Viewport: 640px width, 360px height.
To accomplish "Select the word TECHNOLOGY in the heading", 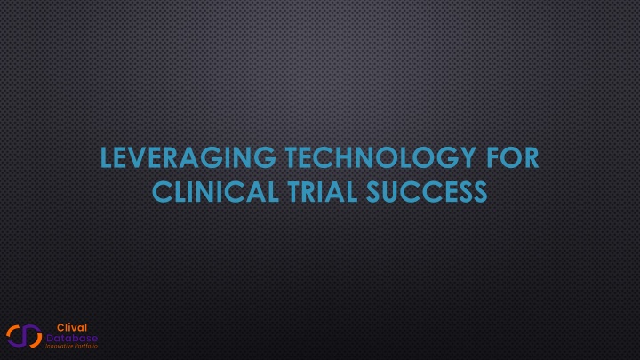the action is [380, 157].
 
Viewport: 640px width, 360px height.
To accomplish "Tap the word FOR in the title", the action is [513, 157].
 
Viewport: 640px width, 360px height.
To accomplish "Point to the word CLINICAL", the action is [215, 191].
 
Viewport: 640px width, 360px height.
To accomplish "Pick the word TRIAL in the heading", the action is [323, 191].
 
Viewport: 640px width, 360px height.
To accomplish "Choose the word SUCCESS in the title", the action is [427, 191].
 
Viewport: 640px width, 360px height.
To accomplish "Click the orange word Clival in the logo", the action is [72, 327].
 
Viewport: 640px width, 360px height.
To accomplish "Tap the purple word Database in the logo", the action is [72, 338].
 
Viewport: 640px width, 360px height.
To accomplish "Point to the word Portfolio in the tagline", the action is [85, 346].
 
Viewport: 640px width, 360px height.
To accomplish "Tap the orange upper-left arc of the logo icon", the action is [11, 332].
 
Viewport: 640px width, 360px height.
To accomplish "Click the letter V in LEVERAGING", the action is [140, 158].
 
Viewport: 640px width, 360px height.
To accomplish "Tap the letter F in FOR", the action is [493, 158].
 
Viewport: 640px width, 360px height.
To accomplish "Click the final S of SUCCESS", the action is [479, 192].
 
